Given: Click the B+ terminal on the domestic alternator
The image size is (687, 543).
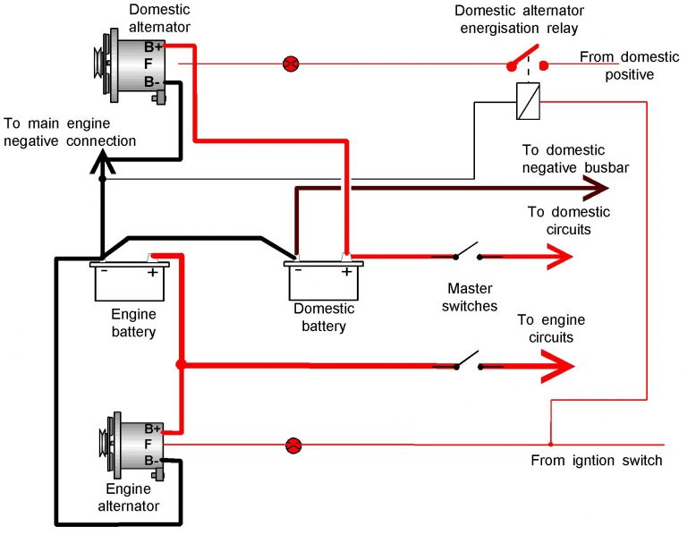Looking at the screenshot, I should tap(151, 46).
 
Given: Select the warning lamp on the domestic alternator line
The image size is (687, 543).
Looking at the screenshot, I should tap(290, 64).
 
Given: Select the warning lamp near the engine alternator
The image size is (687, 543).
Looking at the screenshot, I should tap(293, 445).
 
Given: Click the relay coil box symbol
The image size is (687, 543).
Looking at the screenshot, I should tap(528, 100).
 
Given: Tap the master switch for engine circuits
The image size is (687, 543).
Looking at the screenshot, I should tap(467, 361).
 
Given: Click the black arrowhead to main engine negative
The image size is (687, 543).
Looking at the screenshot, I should tap(103, 161).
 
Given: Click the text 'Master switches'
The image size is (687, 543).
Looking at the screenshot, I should tap(471, 297).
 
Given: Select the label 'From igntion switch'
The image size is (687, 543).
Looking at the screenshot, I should tap(596, 461).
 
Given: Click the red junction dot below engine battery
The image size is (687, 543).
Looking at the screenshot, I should tap(181, 365).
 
